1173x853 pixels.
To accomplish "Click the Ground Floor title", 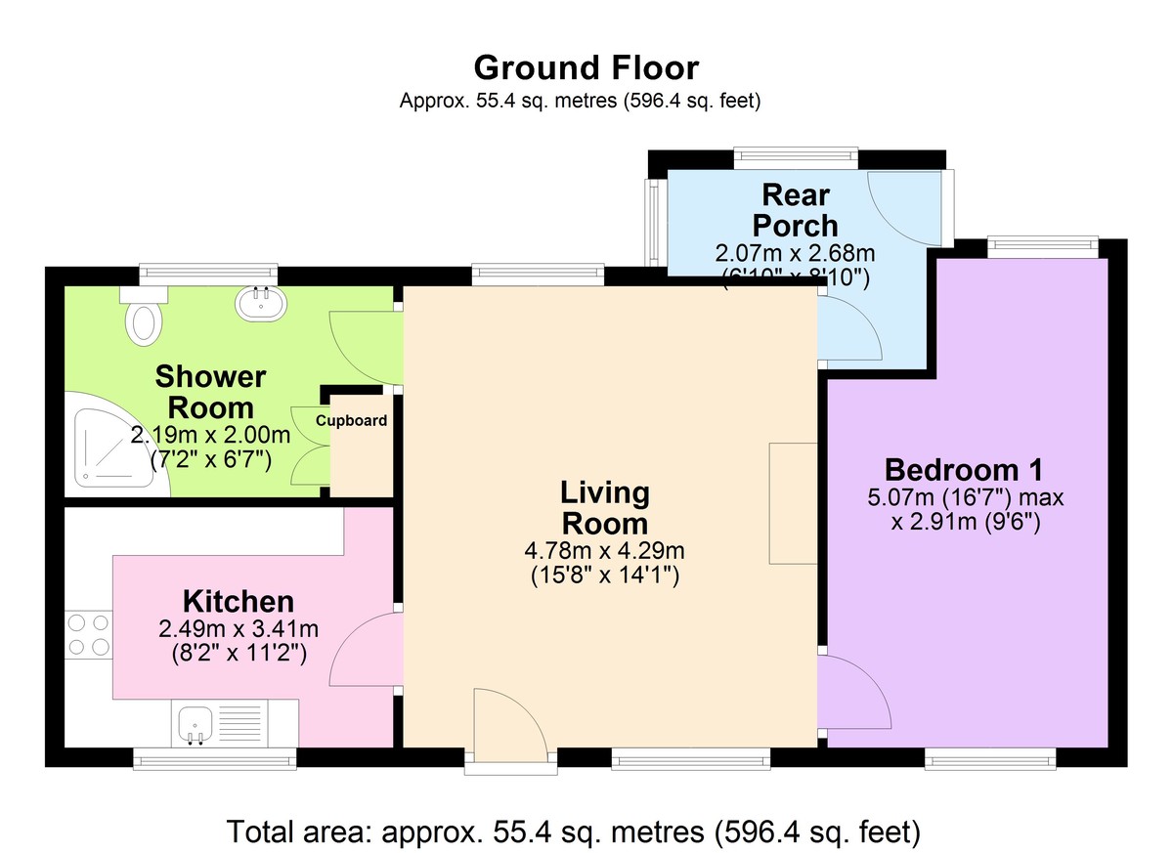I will [x=586, y=67].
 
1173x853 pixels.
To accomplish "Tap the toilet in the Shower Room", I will [x=144, y=319].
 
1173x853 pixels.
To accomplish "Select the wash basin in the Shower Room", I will [x=260, y=304].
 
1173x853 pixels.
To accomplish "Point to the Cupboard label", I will [x=351, y=421].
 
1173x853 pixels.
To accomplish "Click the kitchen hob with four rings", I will [x=87, y=633].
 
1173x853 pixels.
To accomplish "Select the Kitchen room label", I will [x=238, y=601].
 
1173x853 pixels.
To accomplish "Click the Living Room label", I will [x=604, y=508].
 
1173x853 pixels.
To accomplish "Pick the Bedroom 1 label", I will [x=964, y=468].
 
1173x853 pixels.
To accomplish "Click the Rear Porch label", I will [x=801, y=209].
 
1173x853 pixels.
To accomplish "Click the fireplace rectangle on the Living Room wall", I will [x=793, y=503].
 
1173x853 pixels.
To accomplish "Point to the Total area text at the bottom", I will [x=574, y=832].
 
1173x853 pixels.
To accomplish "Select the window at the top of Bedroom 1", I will [x=1042, y=245].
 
